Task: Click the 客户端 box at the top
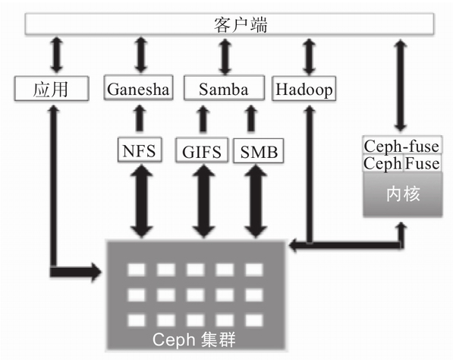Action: [x=229, y=24]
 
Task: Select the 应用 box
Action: [x=52, y=89]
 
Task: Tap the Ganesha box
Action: [x=138, y=87]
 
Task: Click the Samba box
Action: [x=224, y=88]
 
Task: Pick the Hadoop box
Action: [x=304, y=89]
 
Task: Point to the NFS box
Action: [x=140, y=150]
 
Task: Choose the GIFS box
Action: [x=202, y=150]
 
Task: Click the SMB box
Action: [x=258, y=150]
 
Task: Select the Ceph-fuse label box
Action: [x=402, y=146]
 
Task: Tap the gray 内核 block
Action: [x=403, y=194]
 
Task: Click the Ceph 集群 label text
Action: [x=193, y=339]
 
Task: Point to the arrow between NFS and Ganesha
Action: [x=140, y=118]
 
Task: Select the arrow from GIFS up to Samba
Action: [x=203, y=118]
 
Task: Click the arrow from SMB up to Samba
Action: [x=251, y=118]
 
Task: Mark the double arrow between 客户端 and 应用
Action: [x=56, y=55]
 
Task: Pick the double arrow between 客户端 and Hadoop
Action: [x=309, y=57]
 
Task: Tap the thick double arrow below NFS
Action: [x=141, y=201]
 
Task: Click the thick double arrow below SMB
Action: [x=256, y=201]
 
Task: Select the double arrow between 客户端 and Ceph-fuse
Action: [x=401, y=86]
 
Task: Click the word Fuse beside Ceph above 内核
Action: [x=422, y=163]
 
